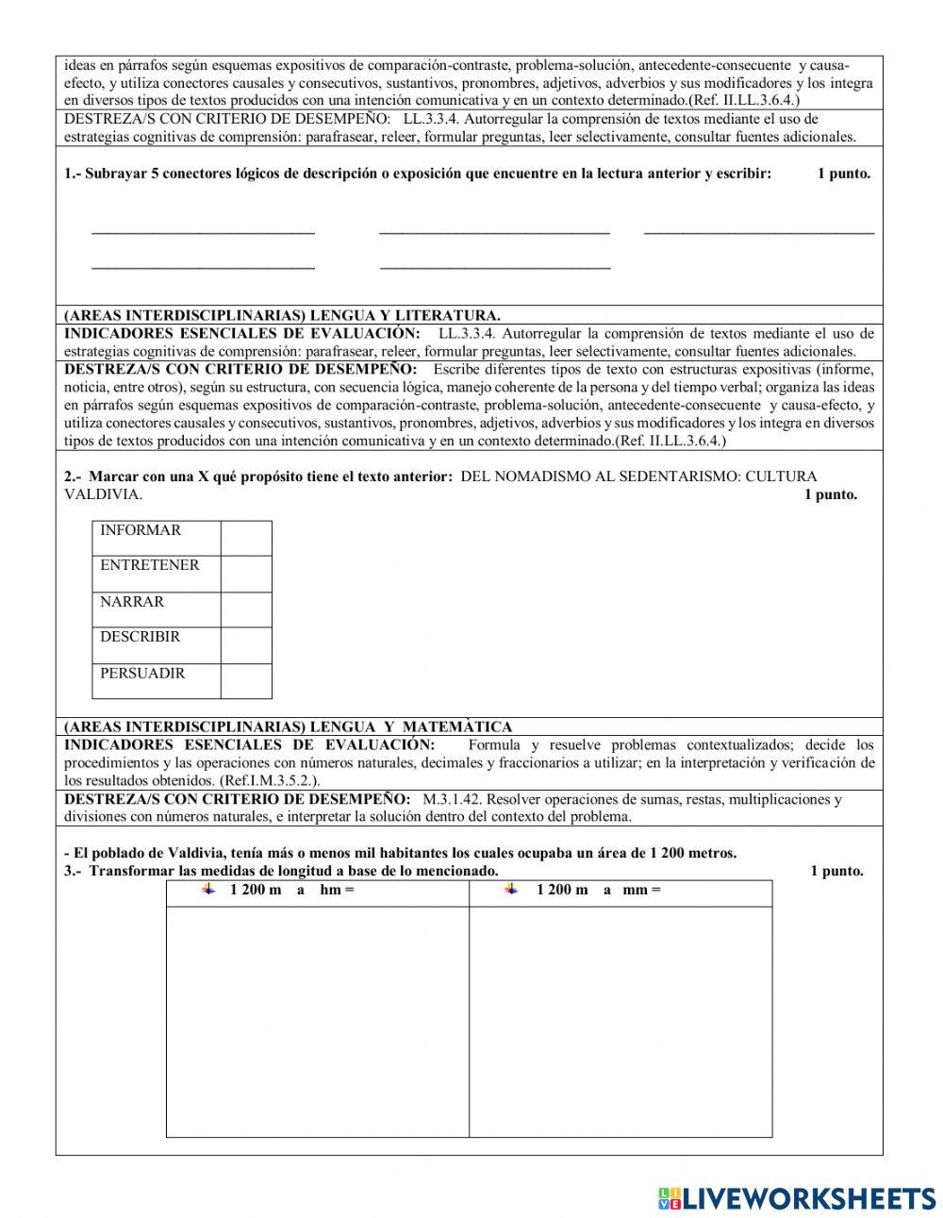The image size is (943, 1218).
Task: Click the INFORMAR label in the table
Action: (x=141, y=530)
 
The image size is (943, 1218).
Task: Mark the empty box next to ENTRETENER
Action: (x=246, y=574)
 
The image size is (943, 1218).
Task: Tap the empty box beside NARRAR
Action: (x=246, y=609)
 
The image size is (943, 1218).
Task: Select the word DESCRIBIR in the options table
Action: (x=140, y=637)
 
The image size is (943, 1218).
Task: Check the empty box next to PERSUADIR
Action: (x=246, y=681)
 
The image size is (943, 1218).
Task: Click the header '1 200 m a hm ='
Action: (x=291, y=890)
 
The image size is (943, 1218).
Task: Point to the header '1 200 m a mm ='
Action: (x=598, y=890)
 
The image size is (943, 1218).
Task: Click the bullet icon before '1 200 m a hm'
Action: (x=208, y=889)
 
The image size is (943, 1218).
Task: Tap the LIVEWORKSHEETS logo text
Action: (x=807, y=1198)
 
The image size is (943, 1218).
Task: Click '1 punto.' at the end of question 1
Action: (x=843, y=174)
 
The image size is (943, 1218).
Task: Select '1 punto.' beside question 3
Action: (x=836, y=871)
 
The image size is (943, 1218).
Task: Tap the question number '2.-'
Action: (x=74, y=476)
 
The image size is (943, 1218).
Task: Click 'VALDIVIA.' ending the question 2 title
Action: (x=104, y=494)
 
